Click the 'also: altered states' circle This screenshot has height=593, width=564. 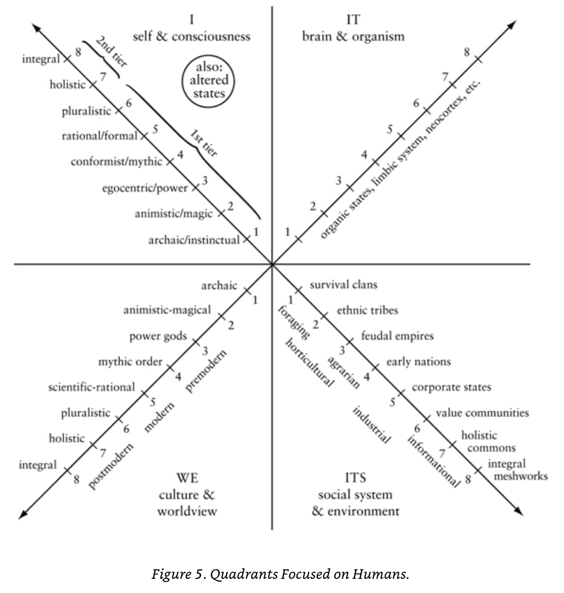pos(209,80)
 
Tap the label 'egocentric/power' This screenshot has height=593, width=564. pos(145,188)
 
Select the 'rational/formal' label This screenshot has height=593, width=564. pos(99,136)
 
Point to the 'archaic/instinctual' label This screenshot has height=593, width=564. pos(194,240)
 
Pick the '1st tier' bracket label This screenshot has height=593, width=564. pos(204,144)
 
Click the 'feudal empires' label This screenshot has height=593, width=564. pos(397,336)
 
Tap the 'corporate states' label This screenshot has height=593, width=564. pos(451,387)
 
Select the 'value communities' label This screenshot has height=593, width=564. pos(482,413)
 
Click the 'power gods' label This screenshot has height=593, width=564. pos(158,336)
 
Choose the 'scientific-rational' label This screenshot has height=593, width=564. pos(92,387)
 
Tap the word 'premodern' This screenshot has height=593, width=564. pos(206,370)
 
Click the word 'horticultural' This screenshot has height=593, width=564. pos(309,362)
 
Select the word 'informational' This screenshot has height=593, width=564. pos(432,461)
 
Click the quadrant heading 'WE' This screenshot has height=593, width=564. pos(187,477)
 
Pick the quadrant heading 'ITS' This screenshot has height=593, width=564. pos(355,477)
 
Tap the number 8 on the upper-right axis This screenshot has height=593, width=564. pos(467,52)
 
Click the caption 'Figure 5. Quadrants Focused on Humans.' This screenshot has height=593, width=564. pos(280,574)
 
